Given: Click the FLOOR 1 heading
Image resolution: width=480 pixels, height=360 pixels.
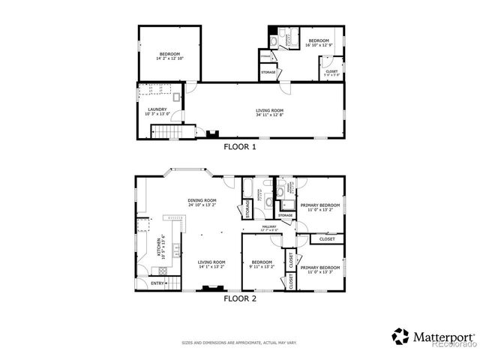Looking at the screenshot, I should click(x=240, y=148).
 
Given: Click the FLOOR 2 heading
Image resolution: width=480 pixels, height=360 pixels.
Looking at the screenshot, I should click(x=240, y=298).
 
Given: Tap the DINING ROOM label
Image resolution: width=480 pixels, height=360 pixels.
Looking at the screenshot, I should click(x=202, y=200).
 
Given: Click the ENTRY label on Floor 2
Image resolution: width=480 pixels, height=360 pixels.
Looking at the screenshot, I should click(x=157, y=283).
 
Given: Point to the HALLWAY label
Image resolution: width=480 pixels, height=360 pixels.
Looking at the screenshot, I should click(x=269, y=226).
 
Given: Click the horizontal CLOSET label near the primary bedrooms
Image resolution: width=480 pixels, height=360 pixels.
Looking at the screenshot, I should click(x=327, y=239).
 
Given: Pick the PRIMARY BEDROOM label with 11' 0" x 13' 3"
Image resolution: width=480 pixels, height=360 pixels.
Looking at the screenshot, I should click(x=320, y=268).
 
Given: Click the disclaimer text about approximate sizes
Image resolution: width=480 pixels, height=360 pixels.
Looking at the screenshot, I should click(x=239, y=343).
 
